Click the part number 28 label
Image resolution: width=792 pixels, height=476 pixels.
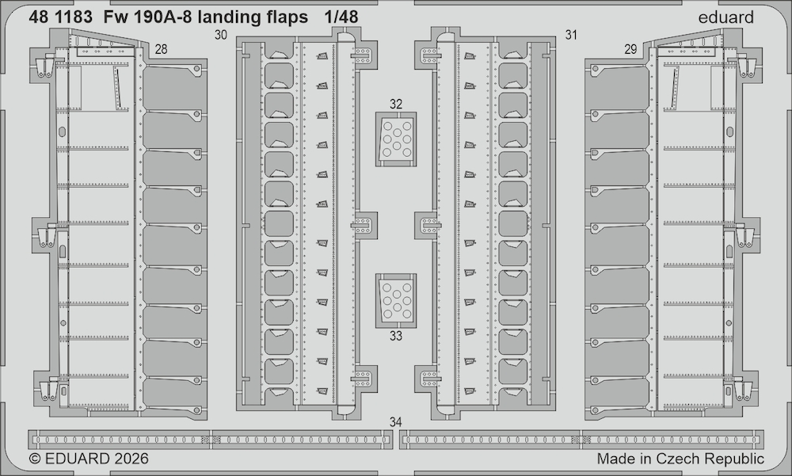[x=161, y=49]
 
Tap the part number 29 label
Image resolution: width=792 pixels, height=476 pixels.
[x=630, y=49]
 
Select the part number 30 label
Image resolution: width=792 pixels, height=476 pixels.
[x=221, y=35]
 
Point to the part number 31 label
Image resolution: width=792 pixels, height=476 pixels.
[x=571, y=35]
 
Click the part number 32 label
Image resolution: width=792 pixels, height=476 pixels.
[x=396, y=104]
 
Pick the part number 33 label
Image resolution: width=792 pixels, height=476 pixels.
[x=396, y=336]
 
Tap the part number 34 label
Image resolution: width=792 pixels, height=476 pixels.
[x=396, y=422]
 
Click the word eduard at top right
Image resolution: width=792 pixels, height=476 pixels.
[x=725, y=17]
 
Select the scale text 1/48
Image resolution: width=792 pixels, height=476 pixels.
[x=341, y=17]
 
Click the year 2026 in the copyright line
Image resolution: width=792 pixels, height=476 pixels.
[x=131, y=459]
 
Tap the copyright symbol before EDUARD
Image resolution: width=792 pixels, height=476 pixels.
[x=35, y=459]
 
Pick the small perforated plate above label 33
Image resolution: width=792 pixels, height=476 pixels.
[x=396, y=300]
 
